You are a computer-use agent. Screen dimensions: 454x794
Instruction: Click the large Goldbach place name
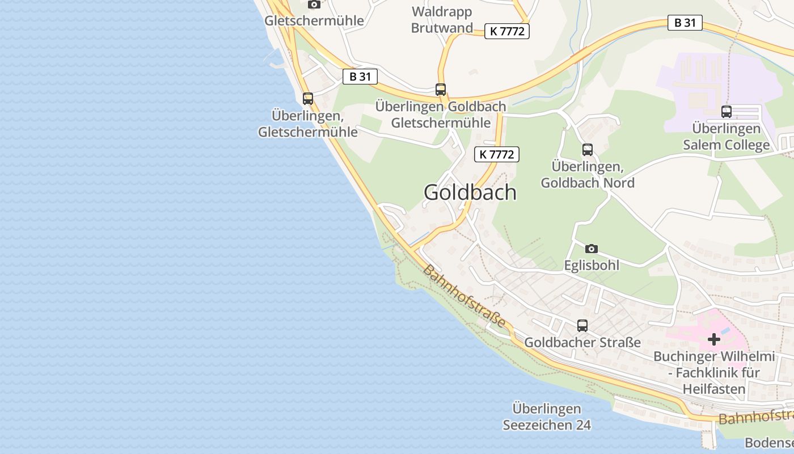(470, 192)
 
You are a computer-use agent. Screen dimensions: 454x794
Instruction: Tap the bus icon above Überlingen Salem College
(727, 112)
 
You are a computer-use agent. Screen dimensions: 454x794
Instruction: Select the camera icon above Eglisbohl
(591, 249)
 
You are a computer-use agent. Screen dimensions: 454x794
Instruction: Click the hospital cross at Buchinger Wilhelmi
(714, 339)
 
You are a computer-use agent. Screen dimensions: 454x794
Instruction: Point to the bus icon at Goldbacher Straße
(582, 326)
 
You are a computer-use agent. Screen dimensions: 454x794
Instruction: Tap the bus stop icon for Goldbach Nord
(588, 150)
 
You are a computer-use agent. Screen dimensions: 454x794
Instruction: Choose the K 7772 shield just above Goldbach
(497, 154)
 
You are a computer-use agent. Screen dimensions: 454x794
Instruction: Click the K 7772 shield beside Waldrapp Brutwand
(507, 31)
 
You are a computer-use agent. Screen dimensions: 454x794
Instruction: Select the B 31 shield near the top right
(685, 23)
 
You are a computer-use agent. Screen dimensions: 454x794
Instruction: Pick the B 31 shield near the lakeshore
(360, 77)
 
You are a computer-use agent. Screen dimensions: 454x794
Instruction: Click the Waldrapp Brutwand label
(442, 20)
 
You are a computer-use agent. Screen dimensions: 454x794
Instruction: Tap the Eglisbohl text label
(592, 265)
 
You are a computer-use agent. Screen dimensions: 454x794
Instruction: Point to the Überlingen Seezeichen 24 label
(547, 417)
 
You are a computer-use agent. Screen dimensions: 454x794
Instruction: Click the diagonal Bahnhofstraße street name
(464, 296)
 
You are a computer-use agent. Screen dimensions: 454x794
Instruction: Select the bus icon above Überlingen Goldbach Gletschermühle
(441, 89)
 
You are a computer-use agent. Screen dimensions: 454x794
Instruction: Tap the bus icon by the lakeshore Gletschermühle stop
(308, 98)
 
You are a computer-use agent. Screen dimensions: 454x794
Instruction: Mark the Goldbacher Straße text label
(582, 342)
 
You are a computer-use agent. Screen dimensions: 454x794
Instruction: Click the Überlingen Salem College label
(727, 137)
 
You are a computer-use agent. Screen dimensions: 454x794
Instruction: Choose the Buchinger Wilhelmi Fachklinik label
(714, 373)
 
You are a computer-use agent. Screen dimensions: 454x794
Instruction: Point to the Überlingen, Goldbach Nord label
(588, 175)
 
